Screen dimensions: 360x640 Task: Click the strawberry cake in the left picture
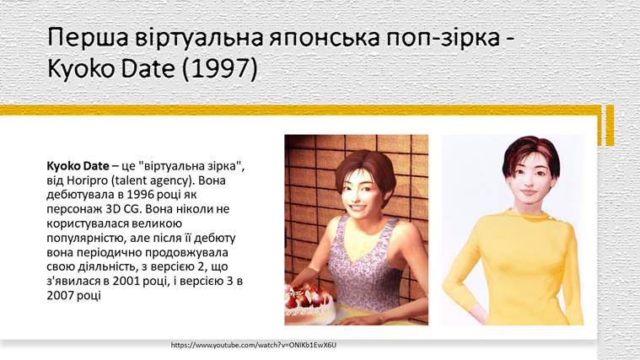310,299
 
